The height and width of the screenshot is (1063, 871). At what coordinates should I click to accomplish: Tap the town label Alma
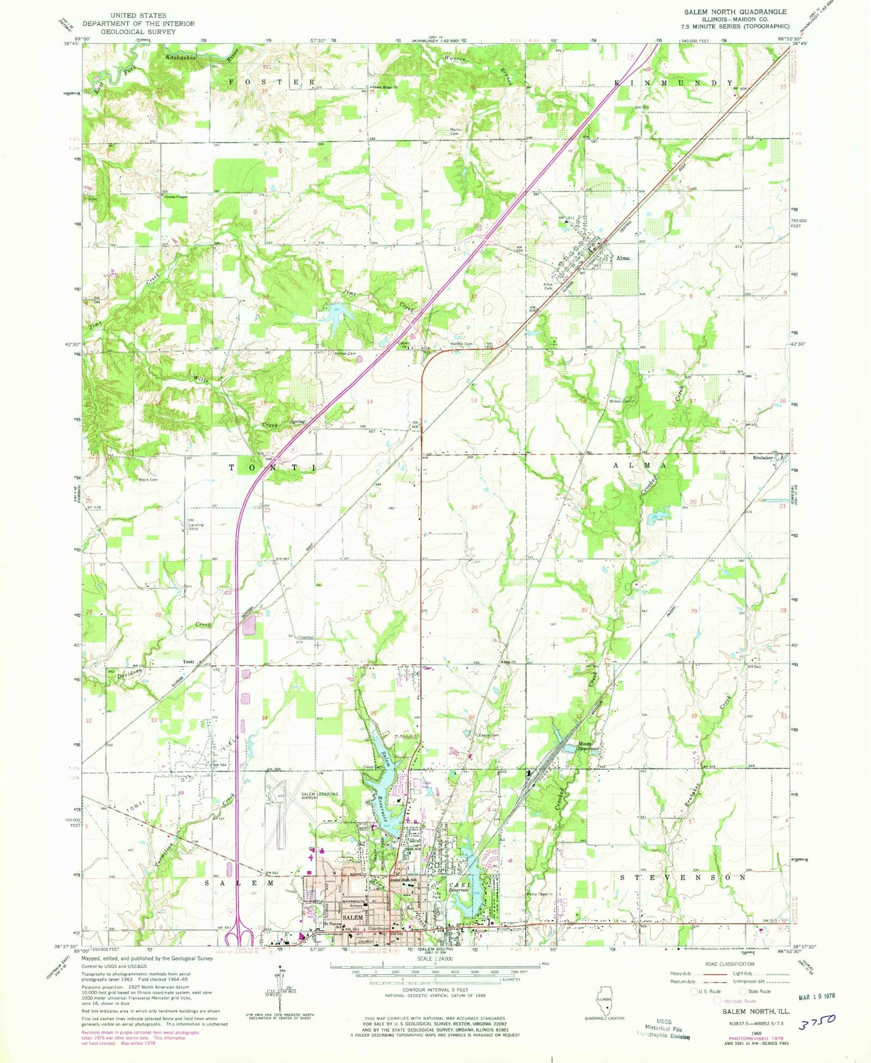pyautogui.click(x=623, y=258)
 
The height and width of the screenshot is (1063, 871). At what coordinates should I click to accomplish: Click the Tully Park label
pyautogui.click(x=437, y=895)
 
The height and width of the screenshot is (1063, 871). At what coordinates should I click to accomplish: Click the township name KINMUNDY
pyautogui.click(x=674, y=84)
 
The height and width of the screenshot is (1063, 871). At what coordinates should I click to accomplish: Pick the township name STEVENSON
pyautogui.click(x=682, y=877)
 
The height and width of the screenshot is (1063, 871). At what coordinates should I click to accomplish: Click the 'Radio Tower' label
pyautogui.click(x=539, y=893)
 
